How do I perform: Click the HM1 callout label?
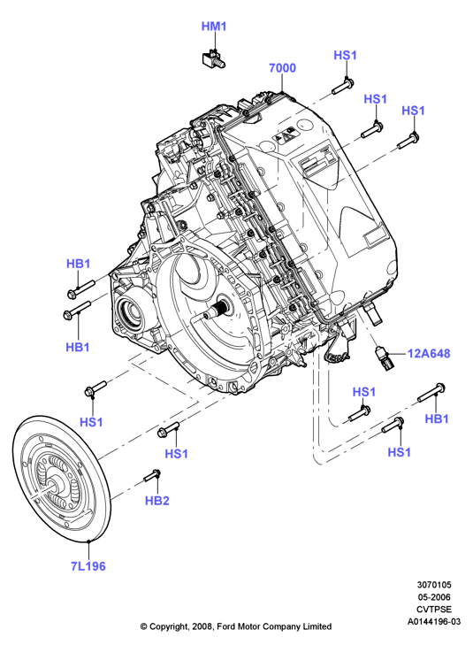tap(214, 27)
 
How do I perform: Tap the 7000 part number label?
tap(282, 68)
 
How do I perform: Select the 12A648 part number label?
tap(429, 353)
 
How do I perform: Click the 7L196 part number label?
tap(88, 566)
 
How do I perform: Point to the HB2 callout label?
tap(157, 501)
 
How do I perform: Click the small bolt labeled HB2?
tap(152, 475)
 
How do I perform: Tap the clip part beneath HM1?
tap(213, 58)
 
